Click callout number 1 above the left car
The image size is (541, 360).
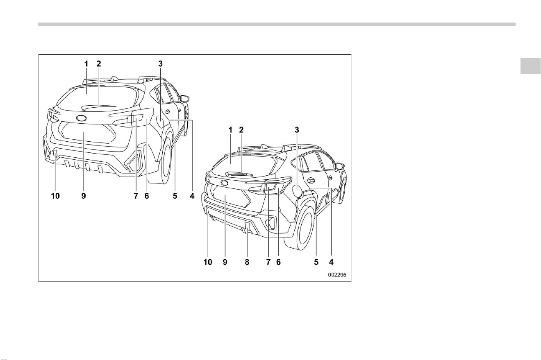86,64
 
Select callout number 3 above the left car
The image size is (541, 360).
160,64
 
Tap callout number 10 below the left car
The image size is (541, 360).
55,196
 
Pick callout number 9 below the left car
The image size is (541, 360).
84,196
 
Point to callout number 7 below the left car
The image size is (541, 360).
136,196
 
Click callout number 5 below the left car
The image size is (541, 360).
175,196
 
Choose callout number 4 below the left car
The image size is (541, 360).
192,196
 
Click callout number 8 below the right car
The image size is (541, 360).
247,262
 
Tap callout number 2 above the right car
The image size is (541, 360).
241,130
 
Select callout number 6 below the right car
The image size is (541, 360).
278,262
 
